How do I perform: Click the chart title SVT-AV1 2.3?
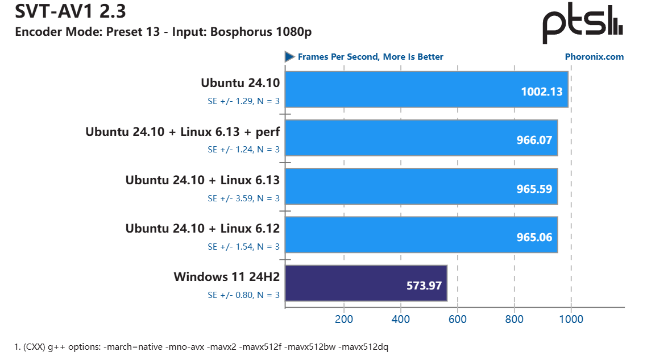coord(64,10)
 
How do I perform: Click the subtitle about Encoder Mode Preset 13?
coord(163,32)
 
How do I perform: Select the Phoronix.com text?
coord(594,57)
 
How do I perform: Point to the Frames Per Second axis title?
coord(370,57)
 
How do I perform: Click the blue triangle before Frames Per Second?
coord(289,57)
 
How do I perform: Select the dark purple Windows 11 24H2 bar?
coord(366,283)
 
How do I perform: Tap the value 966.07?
coord(533,140)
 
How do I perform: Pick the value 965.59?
coord(533,189)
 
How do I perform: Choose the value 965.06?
coord(533,237)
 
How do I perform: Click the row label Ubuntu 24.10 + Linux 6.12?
coord(202,229)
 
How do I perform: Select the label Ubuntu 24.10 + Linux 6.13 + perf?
coord(183,131)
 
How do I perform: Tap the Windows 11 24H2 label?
coord(226,277)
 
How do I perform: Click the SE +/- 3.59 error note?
coord(243,198)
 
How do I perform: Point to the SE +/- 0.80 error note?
coord(243,295)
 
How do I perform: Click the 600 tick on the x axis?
coord(458,319)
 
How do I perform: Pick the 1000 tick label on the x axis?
coord(571,319)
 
